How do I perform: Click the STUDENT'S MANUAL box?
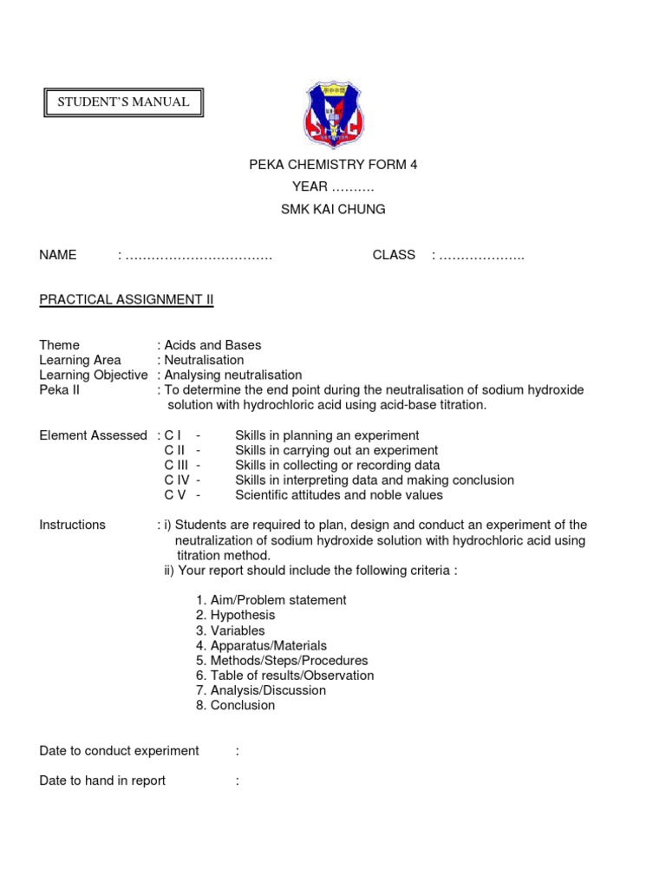[123, 102]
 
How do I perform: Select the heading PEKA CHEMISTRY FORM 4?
[333, 165]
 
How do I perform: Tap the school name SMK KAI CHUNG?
[333, 209]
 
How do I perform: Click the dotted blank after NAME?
[199, 256]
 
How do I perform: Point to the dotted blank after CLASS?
[481, 256]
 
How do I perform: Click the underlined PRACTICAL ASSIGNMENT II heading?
[127, 300]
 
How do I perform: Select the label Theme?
[59, 345]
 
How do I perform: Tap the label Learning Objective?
[94, 375]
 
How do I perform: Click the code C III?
[177, 465]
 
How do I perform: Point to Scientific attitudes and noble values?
[339, 495]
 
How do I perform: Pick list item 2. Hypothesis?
[235, 615]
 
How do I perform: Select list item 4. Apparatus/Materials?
[261, 645]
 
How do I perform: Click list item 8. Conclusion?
[235, 705]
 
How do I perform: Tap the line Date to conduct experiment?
[120, 750]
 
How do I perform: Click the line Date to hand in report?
[102, 780]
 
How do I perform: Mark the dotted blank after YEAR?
[353, 187]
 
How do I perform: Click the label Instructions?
[73, 525]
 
